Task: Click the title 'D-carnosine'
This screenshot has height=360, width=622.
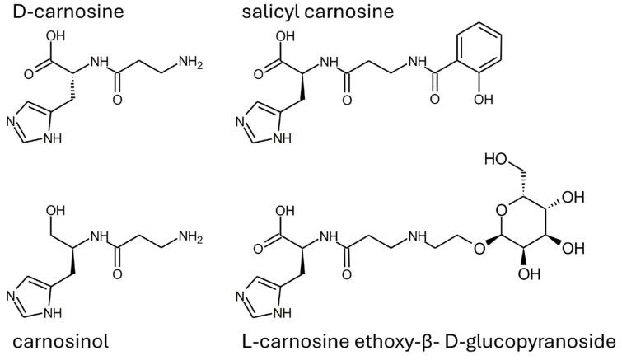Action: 54,12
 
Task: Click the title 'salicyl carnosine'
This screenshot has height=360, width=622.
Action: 317,12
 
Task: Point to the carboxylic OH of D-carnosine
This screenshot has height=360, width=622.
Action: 55,36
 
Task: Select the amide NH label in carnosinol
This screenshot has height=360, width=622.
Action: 99,238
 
